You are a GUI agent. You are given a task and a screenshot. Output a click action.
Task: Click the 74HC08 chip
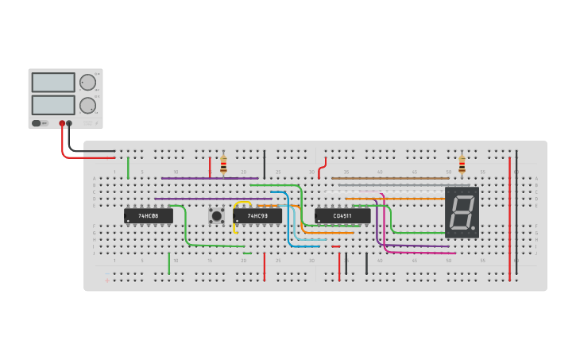pos(148,215)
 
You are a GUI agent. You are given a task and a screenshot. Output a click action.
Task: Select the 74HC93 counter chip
pos(257,215)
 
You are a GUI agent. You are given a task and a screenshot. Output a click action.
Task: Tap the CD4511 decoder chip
pos(342,215)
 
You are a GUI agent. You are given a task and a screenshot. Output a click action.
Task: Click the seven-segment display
pos(462,212)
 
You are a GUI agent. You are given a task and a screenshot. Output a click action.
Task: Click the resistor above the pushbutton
pos(223,165)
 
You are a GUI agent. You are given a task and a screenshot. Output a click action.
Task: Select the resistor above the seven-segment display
pos(462,165)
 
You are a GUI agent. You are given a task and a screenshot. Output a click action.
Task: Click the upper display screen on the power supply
pos(53,83)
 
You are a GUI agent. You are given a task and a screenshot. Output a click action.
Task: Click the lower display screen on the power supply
pos(53,105)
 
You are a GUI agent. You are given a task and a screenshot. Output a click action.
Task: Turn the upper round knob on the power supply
pos(87,83)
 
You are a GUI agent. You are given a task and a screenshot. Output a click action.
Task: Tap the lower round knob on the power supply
pos(87,105)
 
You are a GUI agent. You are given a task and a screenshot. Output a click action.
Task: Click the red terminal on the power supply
pos(62,123)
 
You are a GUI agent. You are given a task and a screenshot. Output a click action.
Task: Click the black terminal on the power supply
pos(69,123)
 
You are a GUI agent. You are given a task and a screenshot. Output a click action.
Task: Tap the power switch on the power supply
pos(37,123)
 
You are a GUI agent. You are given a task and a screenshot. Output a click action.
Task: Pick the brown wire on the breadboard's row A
pos(389,179)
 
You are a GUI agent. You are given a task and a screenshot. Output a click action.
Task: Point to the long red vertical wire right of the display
pos(509,215)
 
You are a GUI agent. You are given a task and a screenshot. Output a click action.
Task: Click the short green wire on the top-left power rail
pos(128,167)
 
